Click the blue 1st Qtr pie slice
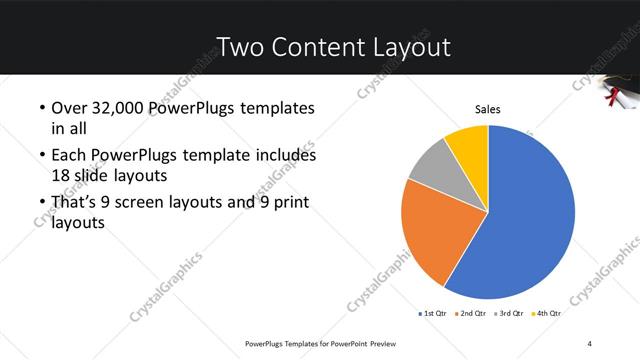530,220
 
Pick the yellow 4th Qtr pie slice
468,145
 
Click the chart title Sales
487,109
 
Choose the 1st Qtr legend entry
433,313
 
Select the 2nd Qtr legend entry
472,313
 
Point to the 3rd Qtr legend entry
510,313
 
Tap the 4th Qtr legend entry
547,313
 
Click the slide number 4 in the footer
590,343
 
